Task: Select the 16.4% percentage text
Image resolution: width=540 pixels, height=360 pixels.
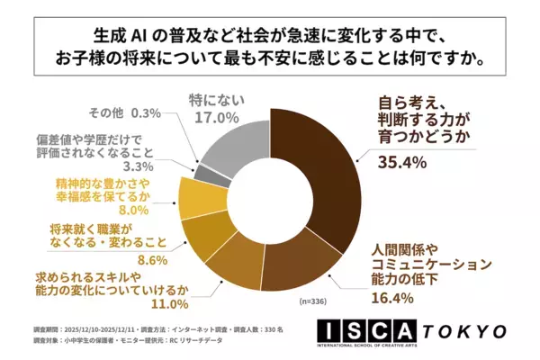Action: [395, 298]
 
